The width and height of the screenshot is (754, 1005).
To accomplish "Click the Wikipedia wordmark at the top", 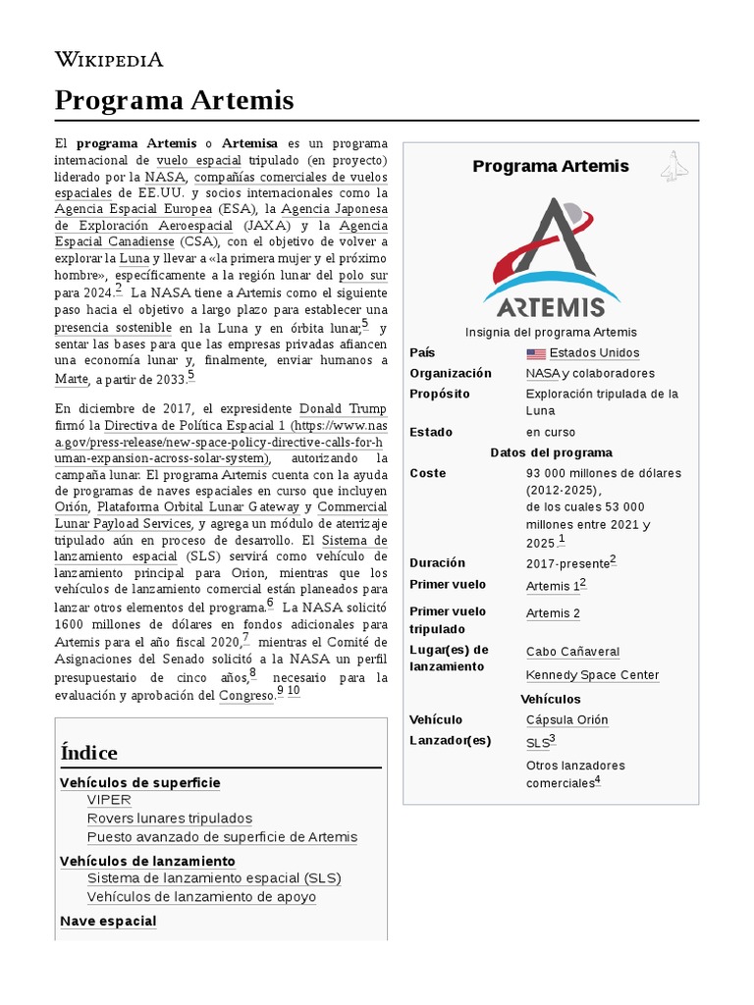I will tap(109, 60).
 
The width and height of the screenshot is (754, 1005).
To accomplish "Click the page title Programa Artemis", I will tap(174, 100).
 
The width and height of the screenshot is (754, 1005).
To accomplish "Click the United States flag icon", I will tap(535, 353).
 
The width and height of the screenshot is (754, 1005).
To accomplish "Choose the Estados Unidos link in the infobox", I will tap(594, 353).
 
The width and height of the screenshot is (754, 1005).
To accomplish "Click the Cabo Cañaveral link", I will tap(572, 652).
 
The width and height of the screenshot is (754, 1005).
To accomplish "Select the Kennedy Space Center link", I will tap(592, 675).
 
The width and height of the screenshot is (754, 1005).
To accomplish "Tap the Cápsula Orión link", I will tap(566, 719).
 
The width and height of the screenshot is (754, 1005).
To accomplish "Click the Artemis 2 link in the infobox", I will tap(553, 613).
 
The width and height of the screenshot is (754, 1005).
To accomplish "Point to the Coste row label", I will tap(427, 473).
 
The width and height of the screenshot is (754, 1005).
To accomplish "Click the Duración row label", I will tap(437, 563).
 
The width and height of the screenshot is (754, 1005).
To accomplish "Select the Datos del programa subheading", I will tap(551, 452).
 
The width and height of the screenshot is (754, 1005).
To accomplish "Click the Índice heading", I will tap(88, 753).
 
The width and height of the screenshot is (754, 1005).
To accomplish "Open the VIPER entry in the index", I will tap(109, 800).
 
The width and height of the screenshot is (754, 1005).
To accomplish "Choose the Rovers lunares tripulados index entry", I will tap(169, 819).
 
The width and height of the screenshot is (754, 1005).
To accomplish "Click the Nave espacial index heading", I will tap(108, 922).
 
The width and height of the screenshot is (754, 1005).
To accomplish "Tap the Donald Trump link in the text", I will tap(343, 409).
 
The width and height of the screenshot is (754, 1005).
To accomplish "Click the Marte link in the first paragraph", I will tap(72, 380).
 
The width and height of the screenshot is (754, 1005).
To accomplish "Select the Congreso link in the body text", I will tap(245, 696).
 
